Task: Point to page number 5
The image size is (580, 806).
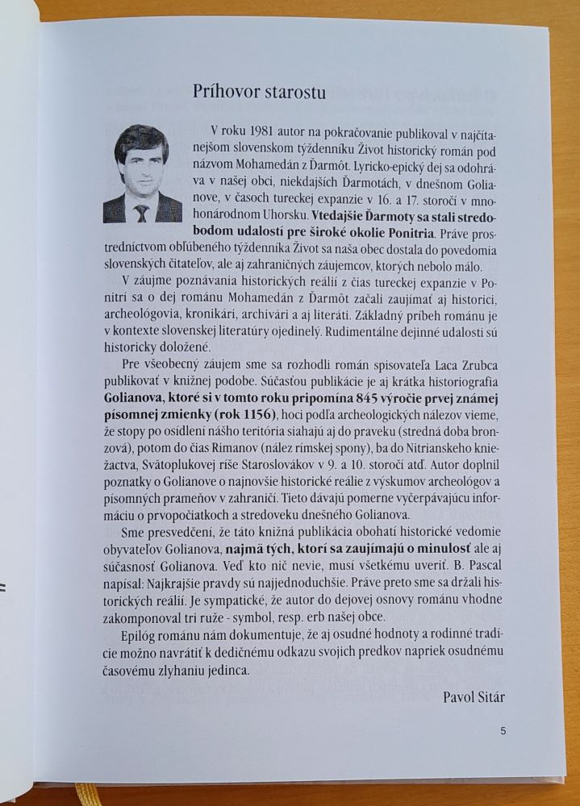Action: pyautogui.click(x=503, y=731)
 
